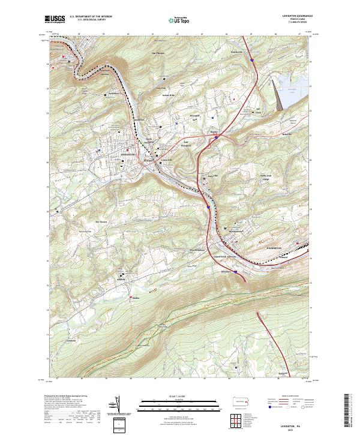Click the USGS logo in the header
[x=55, y=20]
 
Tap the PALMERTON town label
[x=274, y=247]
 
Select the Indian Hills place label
[x=167, y=95]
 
